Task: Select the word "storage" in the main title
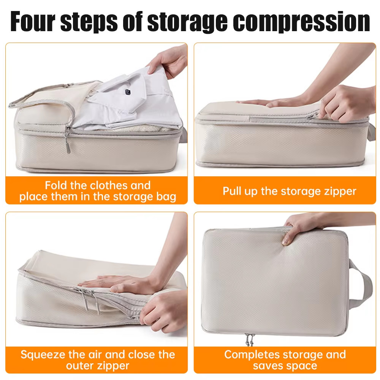[x=187, y=22]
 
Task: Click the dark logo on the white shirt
[x=128, y=92]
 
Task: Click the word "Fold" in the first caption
[x=56, y=185]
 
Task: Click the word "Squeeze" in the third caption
[x=43, y=355]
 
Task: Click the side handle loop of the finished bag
[x=362, y=283]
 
